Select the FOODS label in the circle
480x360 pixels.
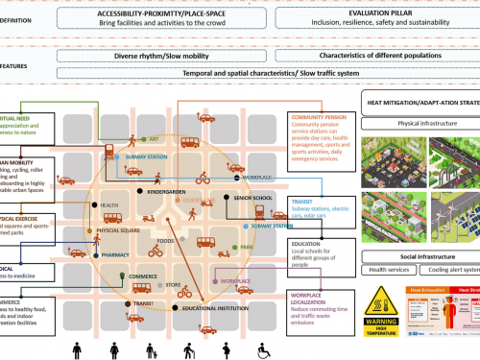166,241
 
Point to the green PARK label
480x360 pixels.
248,247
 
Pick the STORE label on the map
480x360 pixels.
174,285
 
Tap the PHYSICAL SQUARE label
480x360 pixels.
119,230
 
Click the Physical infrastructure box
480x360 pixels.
423,123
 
